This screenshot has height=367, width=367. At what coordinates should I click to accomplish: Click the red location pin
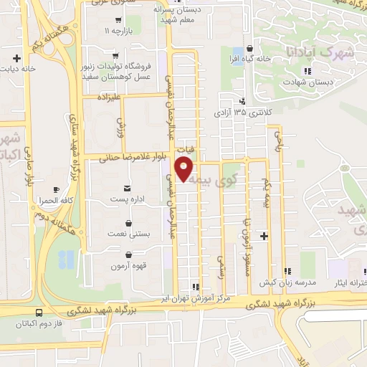tap(185, 167)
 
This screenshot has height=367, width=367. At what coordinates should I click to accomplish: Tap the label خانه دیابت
tap(17, 69)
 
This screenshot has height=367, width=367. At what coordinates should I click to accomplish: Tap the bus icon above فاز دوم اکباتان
tap(39, 313)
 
